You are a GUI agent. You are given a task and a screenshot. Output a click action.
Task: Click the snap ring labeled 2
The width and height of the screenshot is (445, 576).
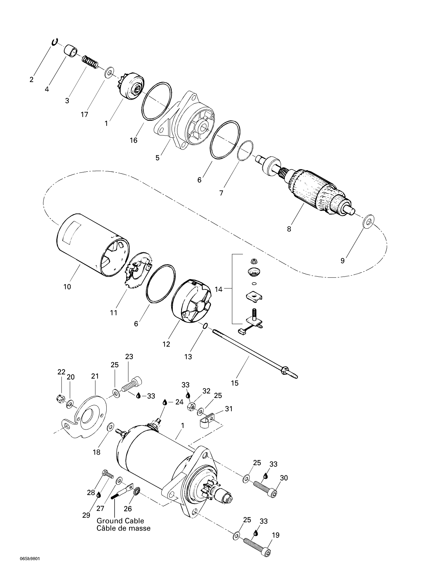tap(54, 42)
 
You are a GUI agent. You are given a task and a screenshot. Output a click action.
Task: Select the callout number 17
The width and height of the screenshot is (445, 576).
tap(84, 115)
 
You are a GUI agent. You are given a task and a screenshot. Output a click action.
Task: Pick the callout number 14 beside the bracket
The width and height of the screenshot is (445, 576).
tap(219, 289)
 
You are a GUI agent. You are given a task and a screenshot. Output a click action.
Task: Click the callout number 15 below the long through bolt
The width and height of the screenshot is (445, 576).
tap(235, 383)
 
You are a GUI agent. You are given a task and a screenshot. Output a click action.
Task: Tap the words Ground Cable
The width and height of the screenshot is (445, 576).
tap(120, 521)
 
